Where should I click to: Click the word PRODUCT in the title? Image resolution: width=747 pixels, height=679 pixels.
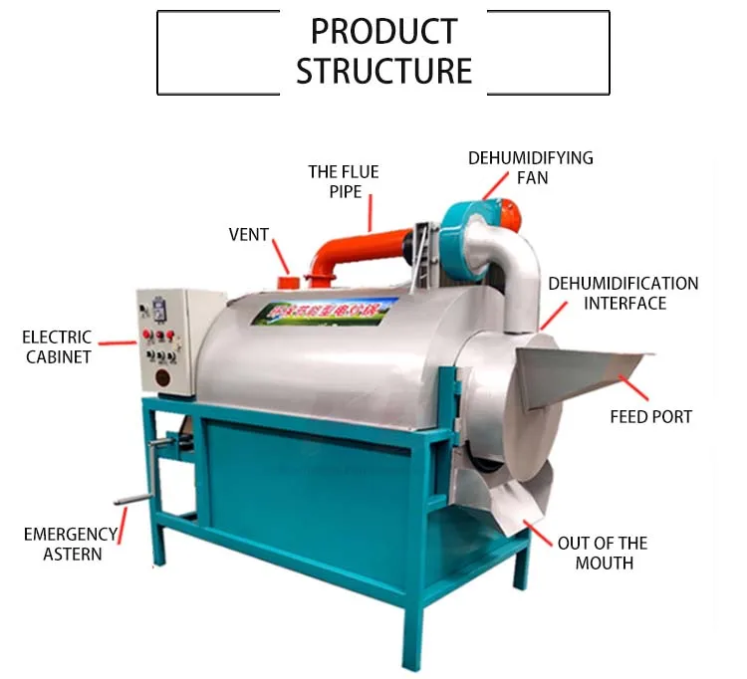382,32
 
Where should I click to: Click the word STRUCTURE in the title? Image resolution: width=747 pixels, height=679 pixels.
383,71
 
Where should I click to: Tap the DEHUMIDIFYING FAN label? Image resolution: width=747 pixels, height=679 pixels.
531,167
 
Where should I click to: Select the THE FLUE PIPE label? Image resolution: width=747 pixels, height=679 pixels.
344,181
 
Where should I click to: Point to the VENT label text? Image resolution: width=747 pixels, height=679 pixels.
249,235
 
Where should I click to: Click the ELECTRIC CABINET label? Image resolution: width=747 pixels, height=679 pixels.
59,346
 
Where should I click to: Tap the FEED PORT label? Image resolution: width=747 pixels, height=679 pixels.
650,416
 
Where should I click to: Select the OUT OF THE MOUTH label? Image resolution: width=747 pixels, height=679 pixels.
602,553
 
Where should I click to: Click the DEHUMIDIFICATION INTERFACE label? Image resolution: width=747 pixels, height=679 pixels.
623,293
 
